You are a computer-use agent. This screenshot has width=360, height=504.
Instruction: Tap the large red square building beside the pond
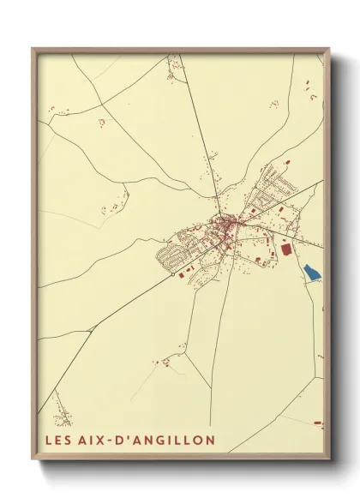pos(285,249)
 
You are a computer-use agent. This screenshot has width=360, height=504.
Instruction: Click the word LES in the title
pos(61,441)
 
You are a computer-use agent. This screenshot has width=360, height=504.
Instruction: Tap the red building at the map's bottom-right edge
pos(317,423)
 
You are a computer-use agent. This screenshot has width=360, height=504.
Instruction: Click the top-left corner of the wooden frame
pos(33,49)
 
